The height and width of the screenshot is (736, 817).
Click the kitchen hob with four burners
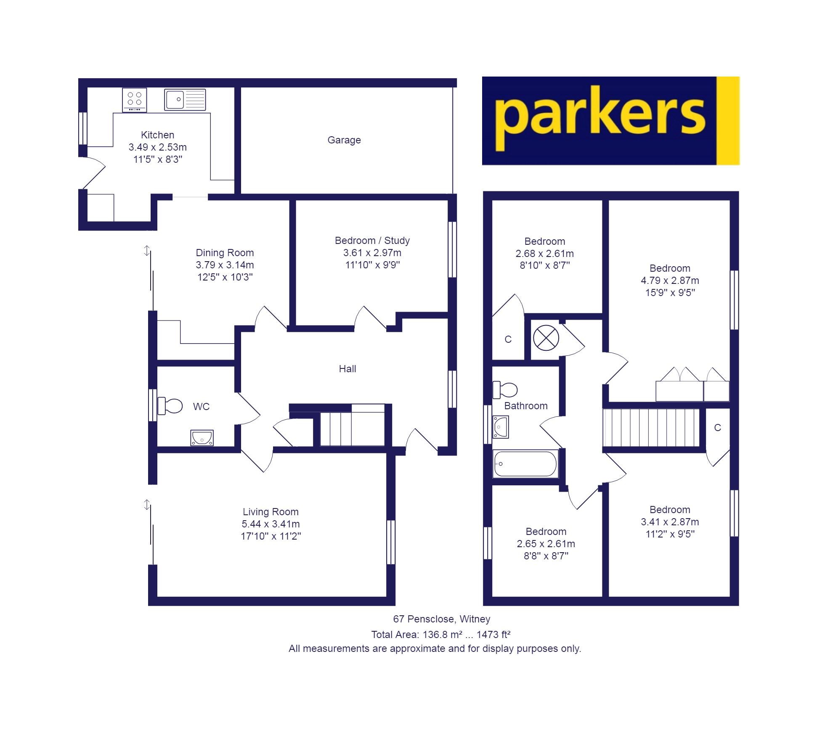(x=135, y=100)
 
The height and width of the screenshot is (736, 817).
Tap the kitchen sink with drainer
(x=185, y=100)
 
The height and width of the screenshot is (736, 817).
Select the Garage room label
(x=344, y=140)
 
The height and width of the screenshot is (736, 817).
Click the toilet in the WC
(x=170, y=406)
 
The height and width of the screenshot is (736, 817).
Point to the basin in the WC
(x=202, y=438)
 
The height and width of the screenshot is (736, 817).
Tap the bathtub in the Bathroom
(x=525, y=464)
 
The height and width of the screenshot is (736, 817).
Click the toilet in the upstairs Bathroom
(x=505, y=389)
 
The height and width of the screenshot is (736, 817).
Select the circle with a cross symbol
(x=546, y=338)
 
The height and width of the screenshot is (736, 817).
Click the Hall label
(x=347, y=369)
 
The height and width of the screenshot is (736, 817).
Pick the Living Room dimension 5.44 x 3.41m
(x=271, y=524)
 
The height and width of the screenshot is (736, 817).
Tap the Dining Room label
(x=225, y=253)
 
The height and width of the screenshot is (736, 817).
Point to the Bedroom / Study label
(x=372, y=241)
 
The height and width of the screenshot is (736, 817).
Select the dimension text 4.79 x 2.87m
(x=670, y=281)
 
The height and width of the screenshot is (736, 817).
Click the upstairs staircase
(x=651, y=427)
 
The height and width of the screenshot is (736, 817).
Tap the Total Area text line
(x=440, y=635)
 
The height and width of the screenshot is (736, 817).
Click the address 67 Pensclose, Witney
(x=441, y=619)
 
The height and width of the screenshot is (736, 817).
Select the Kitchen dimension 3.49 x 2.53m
(x=158, y=147)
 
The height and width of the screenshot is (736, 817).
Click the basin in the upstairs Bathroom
(x=501, y=427)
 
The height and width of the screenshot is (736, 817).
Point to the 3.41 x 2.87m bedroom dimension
(x=670, y=522)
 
